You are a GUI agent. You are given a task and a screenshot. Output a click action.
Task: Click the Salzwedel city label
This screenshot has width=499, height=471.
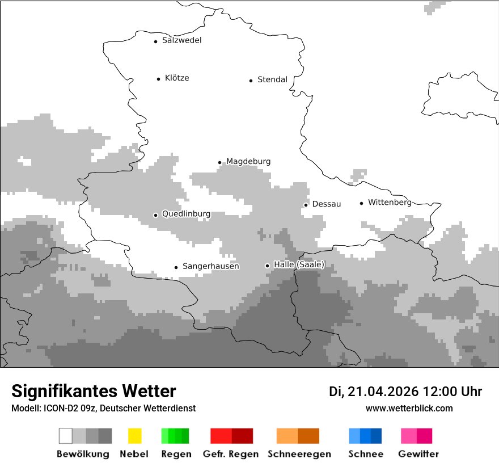tap(181, 40)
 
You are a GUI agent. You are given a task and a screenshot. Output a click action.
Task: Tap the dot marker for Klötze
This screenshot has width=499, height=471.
tap(158, 79)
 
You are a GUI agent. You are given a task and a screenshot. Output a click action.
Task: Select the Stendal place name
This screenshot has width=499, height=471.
tap(272, 79)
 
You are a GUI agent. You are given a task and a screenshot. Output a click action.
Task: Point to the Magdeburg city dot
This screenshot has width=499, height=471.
tap(219, 162)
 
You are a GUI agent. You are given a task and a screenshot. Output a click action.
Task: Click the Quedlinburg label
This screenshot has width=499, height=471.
tap(186, 214)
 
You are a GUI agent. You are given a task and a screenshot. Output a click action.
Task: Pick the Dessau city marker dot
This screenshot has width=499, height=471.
tap(306, 205)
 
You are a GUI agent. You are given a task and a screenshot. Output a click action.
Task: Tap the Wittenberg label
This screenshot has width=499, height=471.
tap(390, 203)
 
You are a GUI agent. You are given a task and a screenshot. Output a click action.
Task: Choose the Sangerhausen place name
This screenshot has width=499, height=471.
tap(210, 266)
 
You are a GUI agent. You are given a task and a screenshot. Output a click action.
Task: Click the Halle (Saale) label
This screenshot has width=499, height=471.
tap(299, 264)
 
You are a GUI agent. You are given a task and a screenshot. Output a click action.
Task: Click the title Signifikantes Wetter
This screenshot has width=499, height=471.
tap(94, 391)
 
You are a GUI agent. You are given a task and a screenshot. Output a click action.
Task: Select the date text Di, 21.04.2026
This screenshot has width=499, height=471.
tap(373, 392)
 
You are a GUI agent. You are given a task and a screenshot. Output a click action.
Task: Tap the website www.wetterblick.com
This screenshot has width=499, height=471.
tap(409, 408)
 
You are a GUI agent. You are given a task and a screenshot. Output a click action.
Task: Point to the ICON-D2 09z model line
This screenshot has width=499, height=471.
tap(103, 408)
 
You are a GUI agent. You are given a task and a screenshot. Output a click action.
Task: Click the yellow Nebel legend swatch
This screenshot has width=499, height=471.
tap(134, 436)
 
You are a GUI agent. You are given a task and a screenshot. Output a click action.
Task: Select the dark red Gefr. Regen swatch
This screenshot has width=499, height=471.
tap(242, 436)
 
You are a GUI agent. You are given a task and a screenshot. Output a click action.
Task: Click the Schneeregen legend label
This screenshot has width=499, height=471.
tap(299, 454)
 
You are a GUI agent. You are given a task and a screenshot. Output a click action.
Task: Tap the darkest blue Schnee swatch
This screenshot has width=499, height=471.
tap(376, 436)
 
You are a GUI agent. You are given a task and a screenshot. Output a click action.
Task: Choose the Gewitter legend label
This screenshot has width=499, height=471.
tap(418, 454)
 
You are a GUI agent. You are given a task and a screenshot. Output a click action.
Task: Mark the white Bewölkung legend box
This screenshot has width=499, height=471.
tap(66, 436)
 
